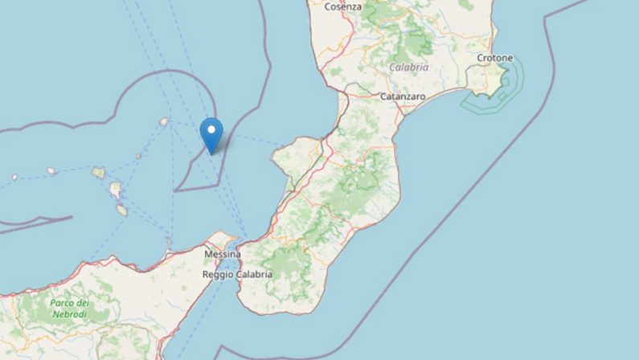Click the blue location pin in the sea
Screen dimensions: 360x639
tap(211, 133)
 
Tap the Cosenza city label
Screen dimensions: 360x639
tap(343, 6)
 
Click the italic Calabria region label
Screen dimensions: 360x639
tap(409, 67)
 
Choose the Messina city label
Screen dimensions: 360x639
tap(223, 253)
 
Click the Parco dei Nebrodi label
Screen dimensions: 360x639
tap(69, 308)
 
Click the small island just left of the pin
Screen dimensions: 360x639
tap(164, 122)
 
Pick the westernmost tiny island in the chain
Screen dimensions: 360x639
tap(14, 177)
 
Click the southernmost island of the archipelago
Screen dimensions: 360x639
tap(121, 211)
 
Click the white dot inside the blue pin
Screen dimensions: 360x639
tap(211, 129)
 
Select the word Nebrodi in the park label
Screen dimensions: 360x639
tap(70, 313)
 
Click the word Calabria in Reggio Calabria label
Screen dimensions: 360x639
tap(255, 274)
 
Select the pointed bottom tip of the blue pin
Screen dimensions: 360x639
tap(211, 152)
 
